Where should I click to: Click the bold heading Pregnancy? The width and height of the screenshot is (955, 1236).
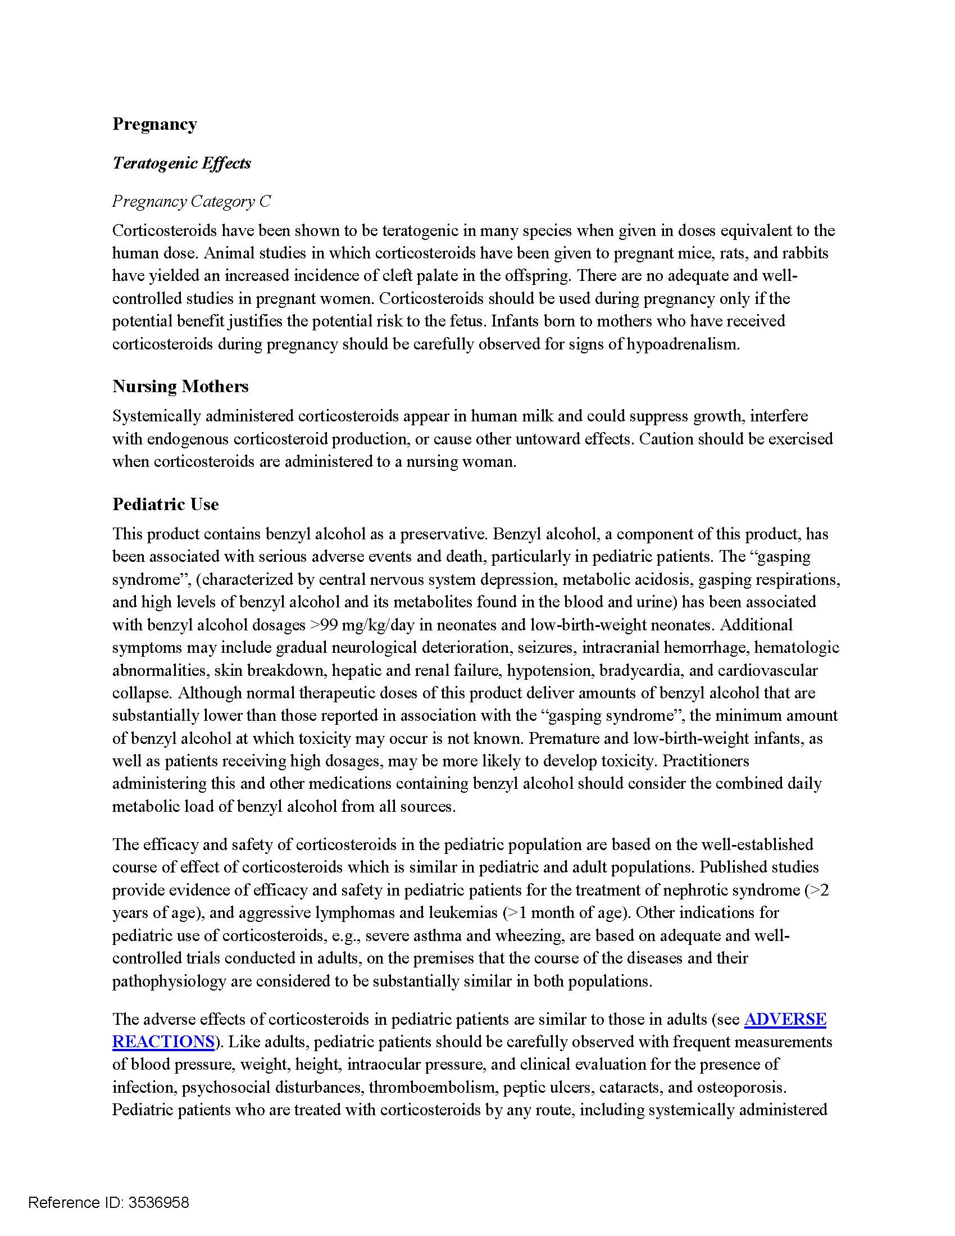(154, 124)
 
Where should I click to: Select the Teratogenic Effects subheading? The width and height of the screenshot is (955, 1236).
(181, 163)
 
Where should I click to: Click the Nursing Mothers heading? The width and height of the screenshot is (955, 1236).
(180, 386)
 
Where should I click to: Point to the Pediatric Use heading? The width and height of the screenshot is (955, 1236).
(165, 504)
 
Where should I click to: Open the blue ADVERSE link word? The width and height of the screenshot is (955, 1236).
(785, 1019)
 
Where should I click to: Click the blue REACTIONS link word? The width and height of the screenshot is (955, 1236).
(163, 1041)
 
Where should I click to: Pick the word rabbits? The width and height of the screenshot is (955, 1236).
(805, 253)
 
